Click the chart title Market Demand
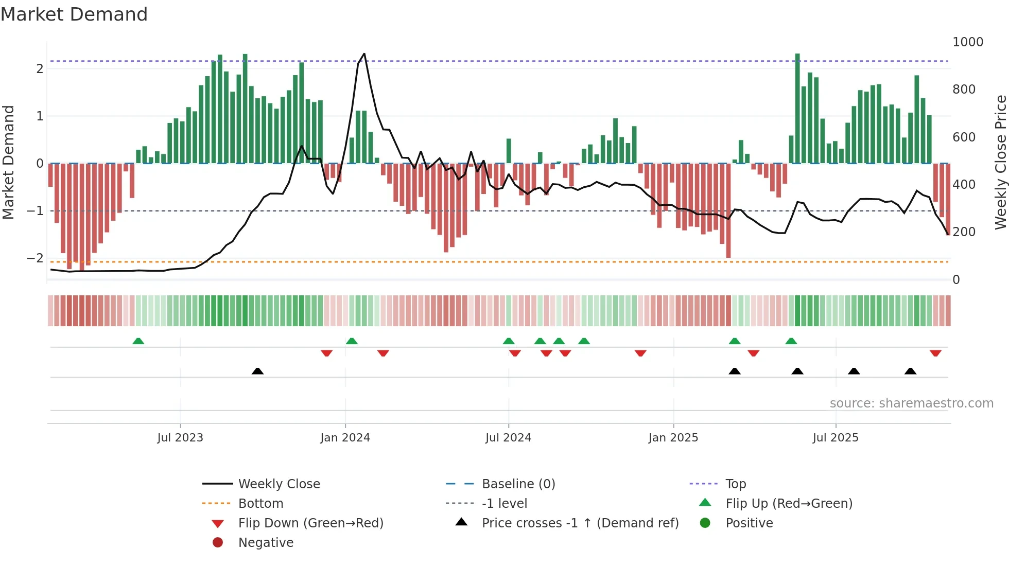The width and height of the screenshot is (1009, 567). (x=74, y=14)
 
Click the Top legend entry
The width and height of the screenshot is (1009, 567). (x=735, y=484)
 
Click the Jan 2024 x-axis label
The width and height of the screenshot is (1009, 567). (x=345, y=437)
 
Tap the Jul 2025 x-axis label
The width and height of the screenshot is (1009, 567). (x=836, y=437)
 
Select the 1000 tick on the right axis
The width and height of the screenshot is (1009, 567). (x=967, y=42)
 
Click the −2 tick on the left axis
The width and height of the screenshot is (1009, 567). (x=35, y=258)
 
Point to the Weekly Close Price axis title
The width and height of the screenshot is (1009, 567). (x=1000, y=162)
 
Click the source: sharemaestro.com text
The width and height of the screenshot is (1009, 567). (x=911, y=403)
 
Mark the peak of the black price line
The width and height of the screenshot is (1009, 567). (x=364, y=54)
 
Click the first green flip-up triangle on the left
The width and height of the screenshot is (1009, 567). (x=138, y=341)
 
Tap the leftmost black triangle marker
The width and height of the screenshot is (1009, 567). (x=257, y=371)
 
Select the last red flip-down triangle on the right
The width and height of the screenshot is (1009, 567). (x=935, y=353)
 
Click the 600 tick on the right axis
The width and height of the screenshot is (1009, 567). (x=964, y=137)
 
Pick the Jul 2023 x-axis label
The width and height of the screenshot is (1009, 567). (x=180, y=437)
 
